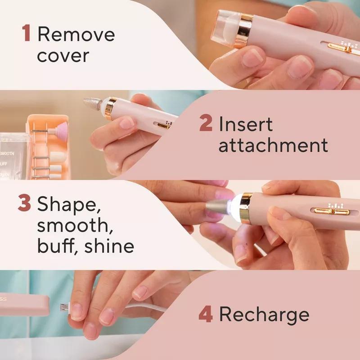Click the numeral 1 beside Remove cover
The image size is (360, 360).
click(x=27, y=34)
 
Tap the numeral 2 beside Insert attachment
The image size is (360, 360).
click(x=206, y=124)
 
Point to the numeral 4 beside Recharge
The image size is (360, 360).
click(x=206, y=315)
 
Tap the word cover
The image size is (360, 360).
click(x=63, y=56)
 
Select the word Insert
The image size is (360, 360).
click(x=246, y=124)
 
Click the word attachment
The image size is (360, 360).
click(x=273, y=146)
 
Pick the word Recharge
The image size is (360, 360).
click(x=265, y=315)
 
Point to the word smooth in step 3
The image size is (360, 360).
click(x=70, y=225)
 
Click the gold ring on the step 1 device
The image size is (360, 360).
click(x=246, y=27)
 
